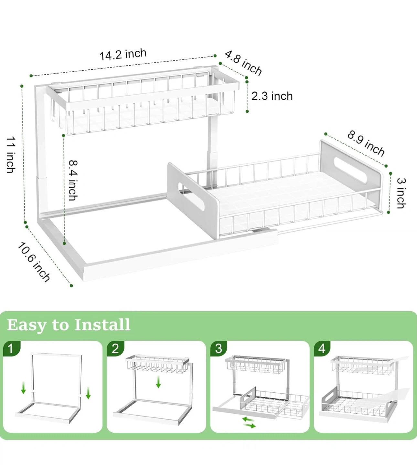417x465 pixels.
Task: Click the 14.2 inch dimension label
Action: (x=123, y=54)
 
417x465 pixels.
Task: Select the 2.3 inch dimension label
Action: (x=272, y=96)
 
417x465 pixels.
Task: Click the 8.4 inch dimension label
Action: (x=73, y=180)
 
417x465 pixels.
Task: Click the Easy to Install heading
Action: (x=69, y=325)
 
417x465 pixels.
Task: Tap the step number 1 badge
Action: (x=11, y=348)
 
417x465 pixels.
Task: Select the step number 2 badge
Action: (x=115, y=348)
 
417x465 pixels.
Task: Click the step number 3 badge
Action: (x=219, y=348)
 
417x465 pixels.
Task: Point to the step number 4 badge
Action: (x=322, y=348)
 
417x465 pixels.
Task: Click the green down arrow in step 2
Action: (x=158, y=382)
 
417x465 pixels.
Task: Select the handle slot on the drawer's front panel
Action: (x=191, y=197)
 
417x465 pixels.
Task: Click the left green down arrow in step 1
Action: (x=23, y=388)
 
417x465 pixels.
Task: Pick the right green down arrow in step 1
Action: (x=88, y=393)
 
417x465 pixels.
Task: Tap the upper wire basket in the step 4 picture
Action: (x=361, y=366)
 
